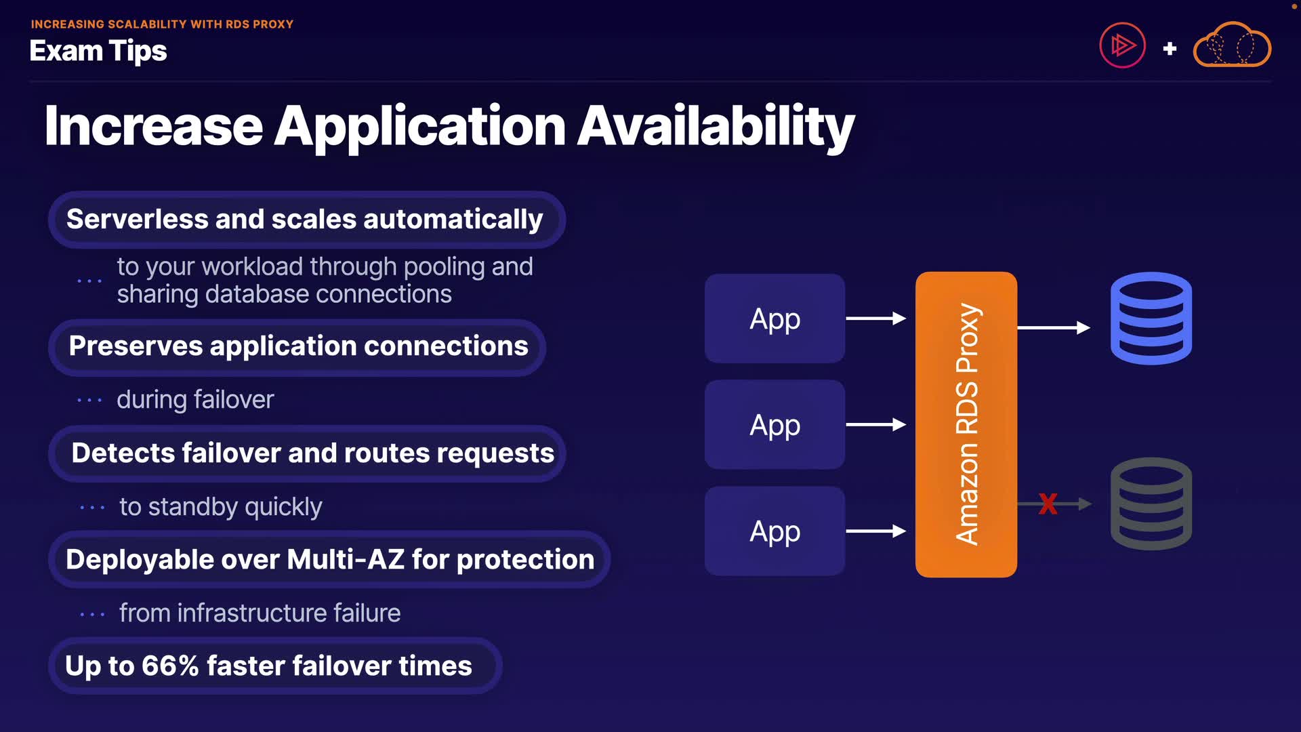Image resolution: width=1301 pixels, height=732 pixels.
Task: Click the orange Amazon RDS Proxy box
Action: point(966,424)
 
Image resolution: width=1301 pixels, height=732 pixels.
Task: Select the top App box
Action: point(775,319)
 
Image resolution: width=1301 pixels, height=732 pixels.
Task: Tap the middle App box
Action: point(775,425)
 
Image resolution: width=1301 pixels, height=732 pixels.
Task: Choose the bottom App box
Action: point(775,531)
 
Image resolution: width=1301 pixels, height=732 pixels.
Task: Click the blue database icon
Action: point(1151,319)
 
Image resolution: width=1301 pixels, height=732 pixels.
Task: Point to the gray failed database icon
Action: point(1151,504)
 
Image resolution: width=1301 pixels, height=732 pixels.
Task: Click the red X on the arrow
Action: point(1048,504)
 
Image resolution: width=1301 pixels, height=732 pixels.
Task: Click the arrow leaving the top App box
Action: point(875,319)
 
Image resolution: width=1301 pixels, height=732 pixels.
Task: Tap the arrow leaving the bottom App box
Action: point(875,531)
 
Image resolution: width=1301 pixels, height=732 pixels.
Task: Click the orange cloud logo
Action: point(1232,45)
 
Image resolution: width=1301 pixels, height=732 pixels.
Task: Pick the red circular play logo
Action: point(1122,45)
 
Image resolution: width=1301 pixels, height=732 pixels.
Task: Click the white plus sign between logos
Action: point(1170,49)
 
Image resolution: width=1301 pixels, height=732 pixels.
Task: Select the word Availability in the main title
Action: point(716,127)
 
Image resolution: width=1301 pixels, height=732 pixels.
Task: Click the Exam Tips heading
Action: point(98,51)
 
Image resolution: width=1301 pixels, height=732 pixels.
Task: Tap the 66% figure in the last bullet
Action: point(169,666)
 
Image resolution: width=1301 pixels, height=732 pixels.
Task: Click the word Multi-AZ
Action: point(345,560)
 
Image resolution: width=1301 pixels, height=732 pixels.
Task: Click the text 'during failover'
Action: point(195,400)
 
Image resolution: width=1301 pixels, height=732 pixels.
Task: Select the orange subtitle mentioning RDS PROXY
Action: point(162,24)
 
